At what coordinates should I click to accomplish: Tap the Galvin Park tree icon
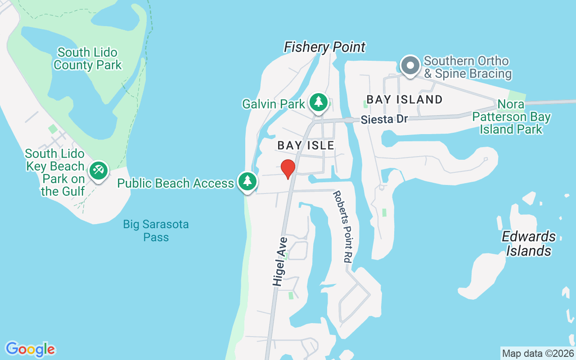(319, 102)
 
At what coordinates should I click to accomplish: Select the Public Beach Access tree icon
(247, 182)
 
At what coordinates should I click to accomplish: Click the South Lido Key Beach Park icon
(98, 171)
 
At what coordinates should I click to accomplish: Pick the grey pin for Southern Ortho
(410, 66)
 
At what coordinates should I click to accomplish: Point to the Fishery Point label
(324, 47)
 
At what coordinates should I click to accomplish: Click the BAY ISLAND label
(405, 99)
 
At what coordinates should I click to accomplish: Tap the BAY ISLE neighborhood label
(306, 145)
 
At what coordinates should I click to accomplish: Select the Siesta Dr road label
(384, 119)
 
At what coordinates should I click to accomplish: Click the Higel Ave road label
(279, 261)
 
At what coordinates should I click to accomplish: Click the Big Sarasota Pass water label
(156, 230)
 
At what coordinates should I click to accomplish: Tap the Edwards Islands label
(529, 243)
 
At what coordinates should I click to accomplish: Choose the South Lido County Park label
(87, 58)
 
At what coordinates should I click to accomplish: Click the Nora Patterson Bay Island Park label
(511, 117)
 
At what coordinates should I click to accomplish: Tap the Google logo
(30, 349)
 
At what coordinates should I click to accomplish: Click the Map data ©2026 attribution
(538, 353)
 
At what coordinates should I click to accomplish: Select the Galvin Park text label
(273, 104)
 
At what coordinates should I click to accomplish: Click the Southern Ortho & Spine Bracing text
(467, 67)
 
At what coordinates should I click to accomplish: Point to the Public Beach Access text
(175, 183)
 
